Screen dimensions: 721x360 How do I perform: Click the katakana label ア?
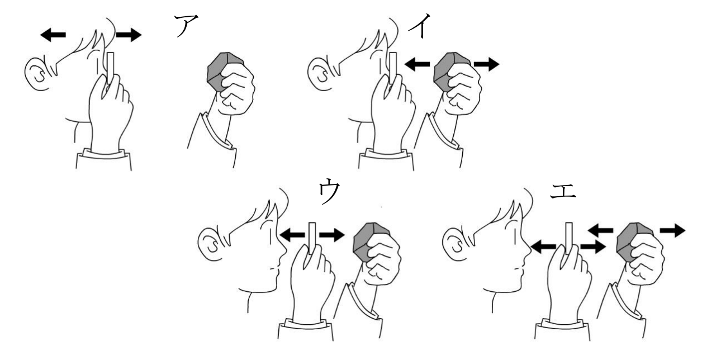186,26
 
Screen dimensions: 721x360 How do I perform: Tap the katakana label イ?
420,26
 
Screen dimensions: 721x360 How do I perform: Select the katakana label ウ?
329,191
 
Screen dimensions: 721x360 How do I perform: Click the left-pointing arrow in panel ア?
53,35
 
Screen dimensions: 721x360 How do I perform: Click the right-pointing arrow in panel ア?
129,35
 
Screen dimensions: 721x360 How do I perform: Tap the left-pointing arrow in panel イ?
417,64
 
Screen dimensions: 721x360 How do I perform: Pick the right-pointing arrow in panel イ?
486,64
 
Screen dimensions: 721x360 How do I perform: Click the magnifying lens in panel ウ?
311,238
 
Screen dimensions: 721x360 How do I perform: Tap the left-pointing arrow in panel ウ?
292,235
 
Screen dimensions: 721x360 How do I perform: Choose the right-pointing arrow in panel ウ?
332,235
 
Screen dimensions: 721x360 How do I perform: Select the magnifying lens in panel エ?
569,238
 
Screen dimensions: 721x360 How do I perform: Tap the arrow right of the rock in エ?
673,230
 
